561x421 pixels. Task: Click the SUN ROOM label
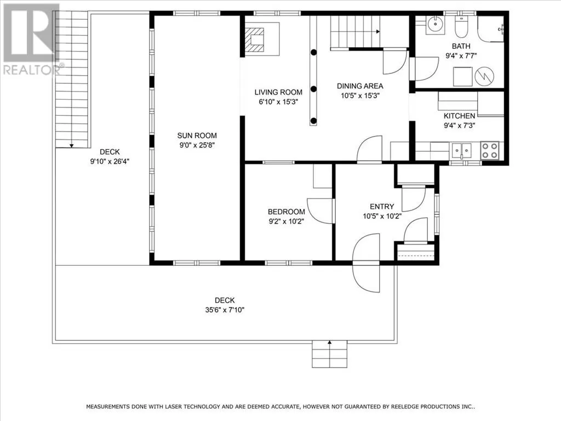pos(197,135)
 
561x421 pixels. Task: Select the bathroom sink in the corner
pos(434,25)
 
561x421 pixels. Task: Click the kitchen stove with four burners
pos(489,150)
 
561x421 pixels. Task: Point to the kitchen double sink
pos(461,151)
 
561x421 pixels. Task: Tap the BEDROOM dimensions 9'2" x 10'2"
pos(286,221)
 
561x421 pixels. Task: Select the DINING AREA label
pos(360,86)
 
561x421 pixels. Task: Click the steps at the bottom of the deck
pos(329,354)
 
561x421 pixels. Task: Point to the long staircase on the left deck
pos(72,79)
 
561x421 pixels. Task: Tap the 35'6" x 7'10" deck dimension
pos(225,310)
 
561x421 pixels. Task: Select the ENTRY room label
pos(382,207)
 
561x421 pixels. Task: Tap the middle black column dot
pos(313,89)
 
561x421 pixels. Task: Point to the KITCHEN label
pos(460,116)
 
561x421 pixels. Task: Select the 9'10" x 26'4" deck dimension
pos(110,162)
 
